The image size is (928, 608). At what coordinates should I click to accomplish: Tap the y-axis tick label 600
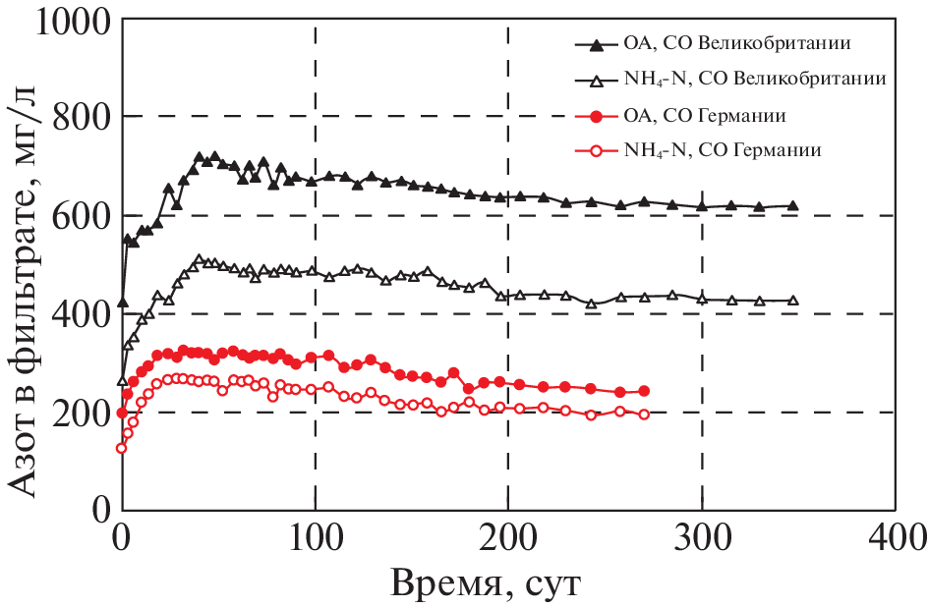80,216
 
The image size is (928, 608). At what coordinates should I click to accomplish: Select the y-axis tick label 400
80,314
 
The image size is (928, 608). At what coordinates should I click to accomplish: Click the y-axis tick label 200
80,413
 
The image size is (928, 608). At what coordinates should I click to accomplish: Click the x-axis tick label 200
507,538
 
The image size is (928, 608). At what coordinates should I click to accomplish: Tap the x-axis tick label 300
701,538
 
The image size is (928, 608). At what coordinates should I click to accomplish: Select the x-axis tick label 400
894,538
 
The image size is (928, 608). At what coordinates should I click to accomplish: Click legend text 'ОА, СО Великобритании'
736,45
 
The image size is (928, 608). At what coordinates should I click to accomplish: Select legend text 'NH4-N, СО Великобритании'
756,80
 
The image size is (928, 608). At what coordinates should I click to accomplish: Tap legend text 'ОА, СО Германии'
705,116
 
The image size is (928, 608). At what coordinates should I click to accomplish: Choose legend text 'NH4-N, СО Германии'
723,151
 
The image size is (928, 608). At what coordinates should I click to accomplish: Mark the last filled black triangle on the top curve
792,205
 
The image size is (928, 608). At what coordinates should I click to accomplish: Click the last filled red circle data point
644,391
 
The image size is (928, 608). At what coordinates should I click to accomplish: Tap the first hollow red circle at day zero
122,448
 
